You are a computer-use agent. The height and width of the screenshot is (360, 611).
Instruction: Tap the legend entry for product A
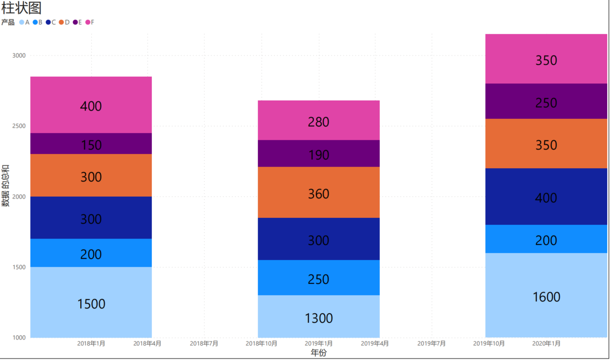coord(25,22)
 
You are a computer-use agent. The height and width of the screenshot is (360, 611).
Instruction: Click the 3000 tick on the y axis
coord(19,55)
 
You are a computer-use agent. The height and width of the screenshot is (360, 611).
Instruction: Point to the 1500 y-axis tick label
coord(19,267)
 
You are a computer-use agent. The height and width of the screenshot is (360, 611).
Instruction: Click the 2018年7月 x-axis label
coord(204,343)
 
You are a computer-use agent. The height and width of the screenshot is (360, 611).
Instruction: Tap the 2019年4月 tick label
coord(375,343)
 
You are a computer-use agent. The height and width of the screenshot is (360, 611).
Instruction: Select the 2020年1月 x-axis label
coord(546,343)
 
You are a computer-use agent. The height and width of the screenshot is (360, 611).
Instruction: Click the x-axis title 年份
coord(318,353)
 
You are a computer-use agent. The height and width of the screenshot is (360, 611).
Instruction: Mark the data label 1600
coord(546,297)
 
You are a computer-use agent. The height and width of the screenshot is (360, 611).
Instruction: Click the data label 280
coord(319,122)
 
